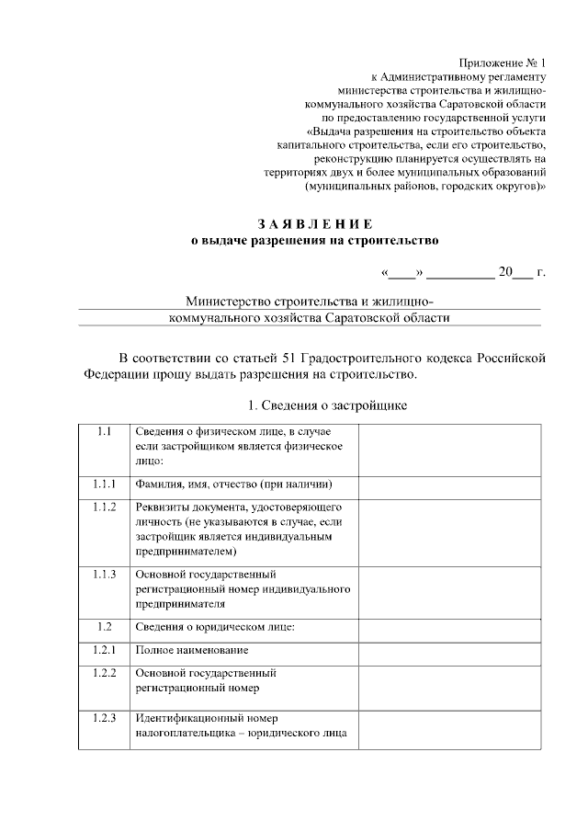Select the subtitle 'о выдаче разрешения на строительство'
click(x=315, y=241)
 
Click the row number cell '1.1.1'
click(x=104, y=484)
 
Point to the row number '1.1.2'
click(x=104, y=507)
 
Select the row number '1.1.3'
click(x=104, y=575)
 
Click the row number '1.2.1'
click(x=104, y=650)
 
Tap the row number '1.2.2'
click(x=104, y=673)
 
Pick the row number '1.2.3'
click(x=104, y=718)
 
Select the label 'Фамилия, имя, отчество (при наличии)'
click(x=233, y=484)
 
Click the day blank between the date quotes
click(x=401, y=273)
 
